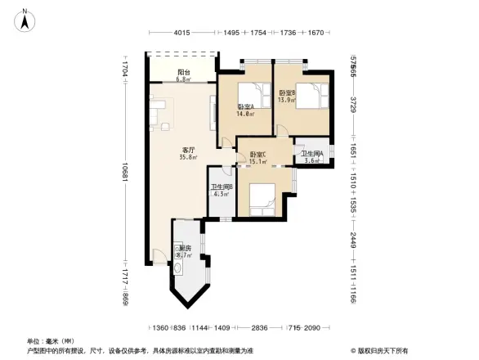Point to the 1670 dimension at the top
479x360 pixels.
(316, 33)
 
